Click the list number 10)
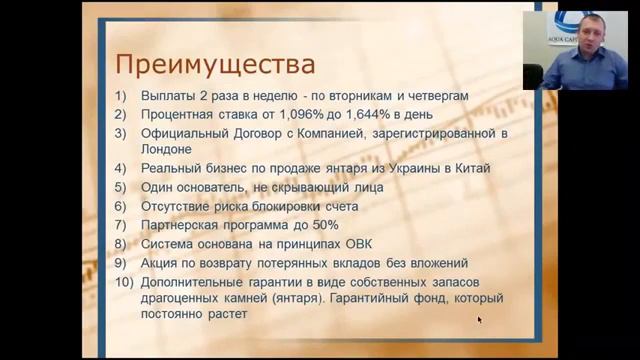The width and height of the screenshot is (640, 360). click(x=124, y=282)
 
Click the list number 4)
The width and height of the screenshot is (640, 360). click(x=121, y=168)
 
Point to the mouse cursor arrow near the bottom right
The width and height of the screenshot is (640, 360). click(x=479, y=320)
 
